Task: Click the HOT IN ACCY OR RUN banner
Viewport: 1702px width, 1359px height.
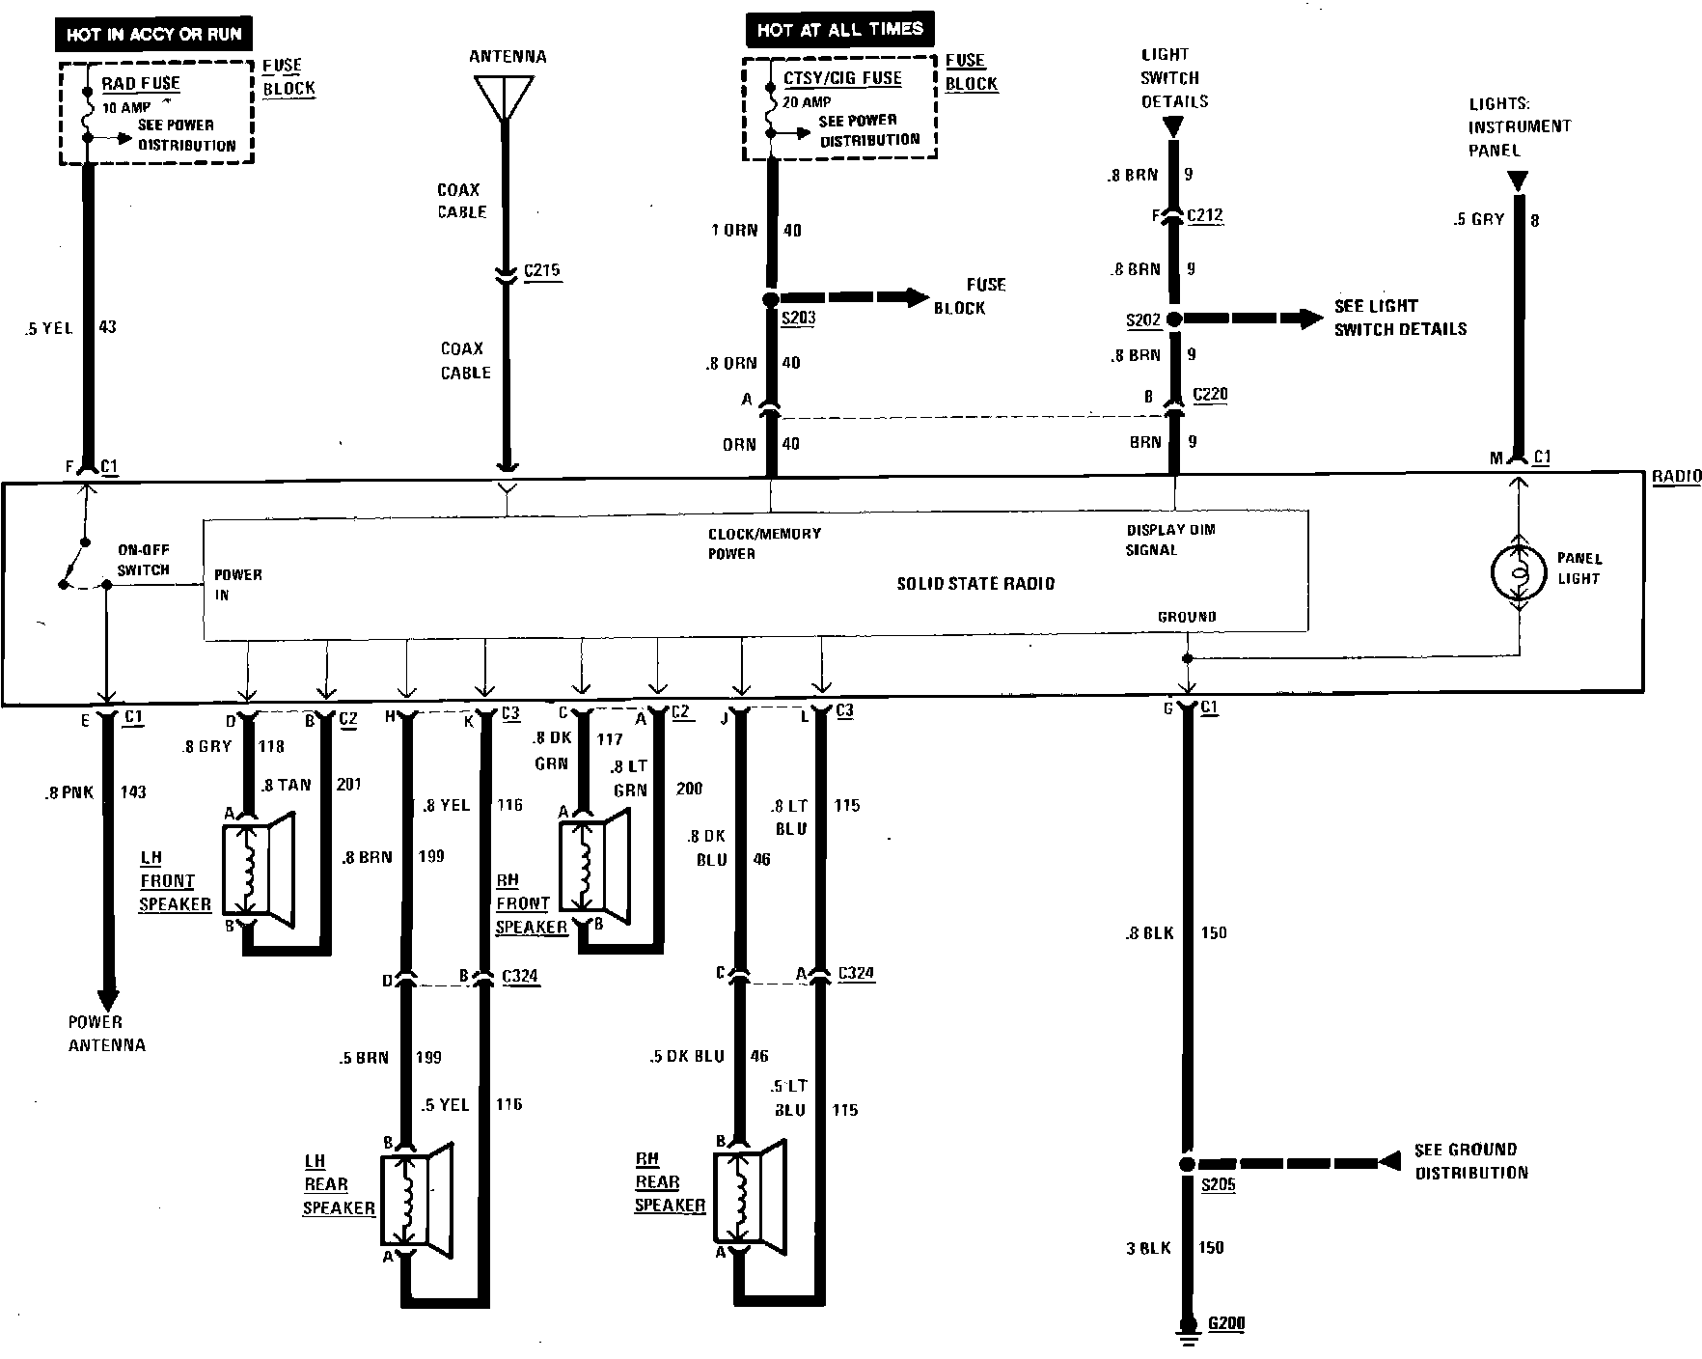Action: click(x=154, y=35)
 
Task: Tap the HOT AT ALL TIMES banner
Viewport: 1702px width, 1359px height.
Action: click(x=839, y=30)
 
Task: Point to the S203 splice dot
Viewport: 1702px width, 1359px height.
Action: click(x=771, y=299)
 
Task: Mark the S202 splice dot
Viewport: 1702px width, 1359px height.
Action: click(x=1174, y=319)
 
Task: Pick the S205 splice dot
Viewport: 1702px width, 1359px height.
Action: click(x=1188, y=1164)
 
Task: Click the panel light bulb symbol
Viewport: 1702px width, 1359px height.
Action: click(x=1519, y=572)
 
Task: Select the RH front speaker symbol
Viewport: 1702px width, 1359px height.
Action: click(x=593, y=867)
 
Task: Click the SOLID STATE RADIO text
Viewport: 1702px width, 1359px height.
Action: click(x=975, y=584)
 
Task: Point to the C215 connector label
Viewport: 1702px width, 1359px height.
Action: click(x=541, y=270)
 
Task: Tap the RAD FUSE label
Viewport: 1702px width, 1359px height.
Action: click(x=141, y=83)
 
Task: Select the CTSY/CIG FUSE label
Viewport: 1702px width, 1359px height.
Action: click(x=842, y=78)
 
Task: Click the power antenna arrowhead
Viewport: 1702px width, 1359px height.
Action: click(x=107, y=999)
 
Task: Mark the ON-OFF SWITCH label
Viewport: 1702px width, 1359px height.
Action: click(x=143, y=560)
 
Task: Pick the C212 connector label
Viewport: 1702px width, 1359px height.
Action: click(x=1205, y=215)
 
